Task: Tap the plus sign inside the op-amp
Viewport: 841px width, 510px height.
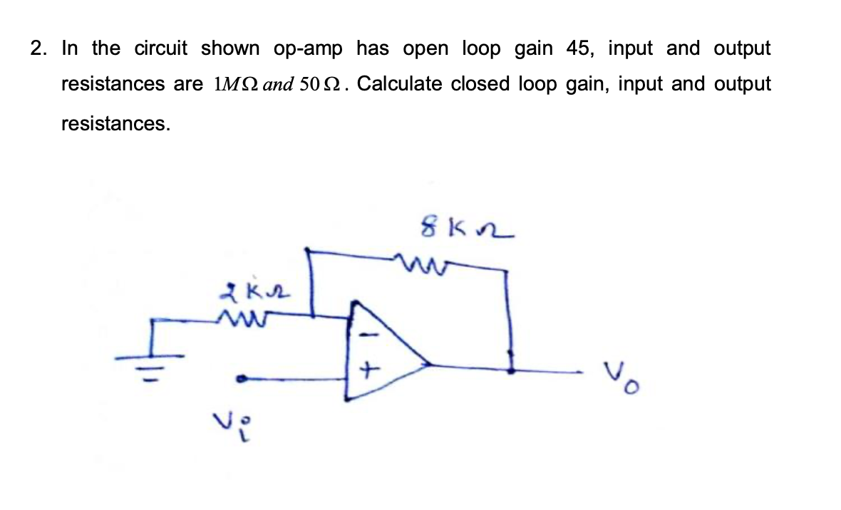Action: tap(368, 370)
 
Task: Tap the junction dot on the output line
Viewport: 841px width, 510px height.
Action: tap(510, 370)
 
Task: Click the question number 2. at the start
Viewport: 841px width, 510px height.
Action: tap(40, 48)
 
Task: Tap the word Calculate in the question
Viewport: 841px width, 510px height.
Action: tap(400, 84)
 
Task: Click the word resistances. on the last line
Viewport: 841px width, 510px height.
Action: tap(115, 124)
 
